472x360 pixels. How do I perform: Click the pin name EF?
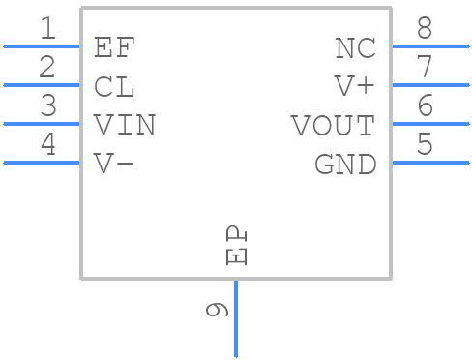point(115,47)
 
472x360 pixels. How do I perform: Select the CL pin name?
point(115,86)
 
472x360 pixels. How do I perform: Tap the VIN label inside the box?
point(125,125)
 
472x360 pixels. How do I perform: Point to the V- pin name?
point(114,164)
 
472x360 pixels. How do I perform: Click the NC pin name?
point(355,47)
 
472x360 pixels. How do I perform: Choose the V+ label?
point(354,86)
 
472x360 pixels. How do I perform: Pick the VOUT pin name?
point(333,125)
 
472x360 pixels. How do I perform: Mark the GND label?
point(345,165)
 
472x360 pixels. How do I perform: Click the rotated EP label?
point(237,246)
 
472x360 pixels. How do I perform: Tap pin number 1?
point(47,30)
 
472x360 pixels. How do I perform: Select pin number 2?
point(47,69)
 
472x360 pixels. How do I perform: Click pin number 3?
point(47,107)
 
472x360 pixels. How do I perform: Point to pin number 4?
point(47,146)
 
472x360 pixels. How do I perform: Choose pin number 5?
point(425,146)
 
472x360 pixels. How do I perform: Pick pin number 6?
point(425,107)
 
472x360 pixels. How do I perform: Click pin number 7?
point(425,69)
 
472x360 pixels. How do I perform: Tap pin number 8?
point(425,30)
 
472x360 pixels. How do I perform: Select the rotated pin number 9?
point(218,310)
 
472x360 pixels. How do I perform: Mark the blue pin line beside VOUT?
point(430,124)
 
